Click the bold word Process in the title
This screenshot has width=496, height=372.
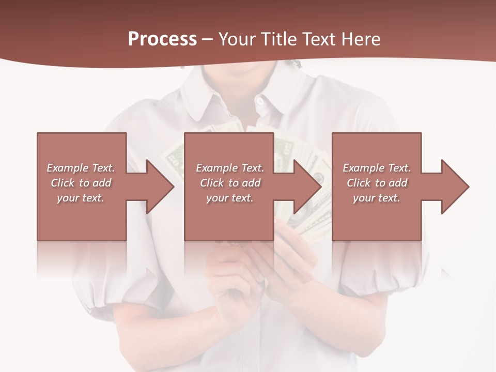point(162,39)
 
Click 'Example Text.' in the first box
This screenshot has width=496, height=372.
point(81,168)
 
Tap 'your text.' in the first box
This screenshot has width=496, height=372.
point(81,198)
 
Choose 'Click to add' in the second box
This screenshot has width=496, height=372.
point(230,183)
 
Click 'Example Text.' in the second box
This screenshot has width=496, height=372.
point(230,168)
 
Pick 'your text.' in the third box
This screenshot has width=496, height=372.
point(377,198)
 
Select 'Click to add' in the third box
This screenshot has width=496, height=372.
point(377,183)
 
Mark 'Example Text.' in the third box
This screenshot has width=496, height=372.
point(377,168)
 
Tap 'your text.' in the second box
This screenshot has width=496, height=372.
point(230,198)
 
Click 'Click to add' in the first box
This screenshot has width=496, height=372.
point(81,183)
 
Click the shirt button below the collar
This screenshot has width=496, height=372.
point(259,101)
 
